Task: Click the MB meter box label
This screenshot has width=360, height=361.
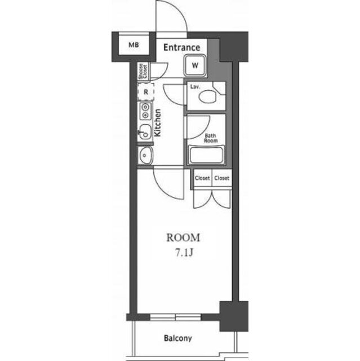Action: click(134, 45)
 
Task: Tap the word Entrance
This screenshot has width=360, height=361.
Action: click(181, 47)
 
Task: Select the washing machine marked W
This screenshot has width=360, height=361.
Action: click(195, 65)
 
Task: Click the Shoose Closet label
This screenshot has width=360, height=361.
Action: click(143, 71)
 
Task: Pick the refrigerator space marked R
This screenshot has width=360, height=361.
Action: click(146, 92)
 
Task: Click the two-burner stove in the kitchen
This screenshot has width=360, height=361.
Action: click(145, 111)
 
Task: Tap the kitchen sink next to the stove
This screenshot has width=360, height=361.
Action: click(145, 131)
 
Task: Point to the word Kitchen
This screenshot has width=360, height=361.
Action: click(158, 123)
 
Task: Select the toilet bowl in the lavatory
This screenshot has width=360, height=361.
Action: click(207, 96)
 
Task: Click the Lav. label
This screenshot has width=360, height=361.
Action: click(195, 87)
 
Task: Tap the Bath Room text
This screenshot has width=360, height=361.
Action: click(211, 138)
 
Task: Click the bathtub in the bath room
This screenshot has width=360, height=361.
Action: click(206, 155)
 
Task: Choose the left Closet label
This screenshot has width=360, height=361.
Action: click(202, 178)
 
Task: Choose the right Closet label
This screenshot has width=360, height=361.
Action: click(221, 178)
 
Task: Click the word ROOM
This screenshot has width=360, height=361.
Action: click(183, 237)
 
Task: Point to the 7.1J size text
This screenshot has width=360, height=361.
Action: click(184, 253)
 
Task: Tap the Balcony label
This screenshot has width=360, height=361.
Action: click(177, 338)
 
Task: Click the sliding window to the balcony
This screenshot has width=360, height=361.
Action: click(176, 317)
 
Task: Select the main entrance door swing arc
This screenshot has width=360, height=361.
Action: click(179, 9)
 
